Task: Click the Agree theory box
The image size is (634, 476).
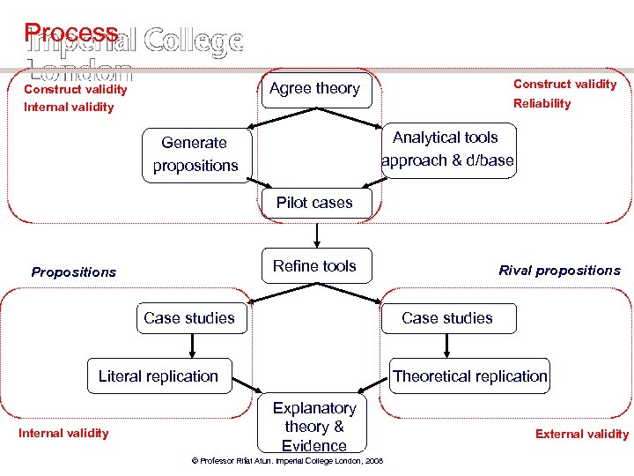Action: tap(315, 88)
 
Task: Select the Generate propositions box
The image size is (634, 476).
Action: tap(195, 154)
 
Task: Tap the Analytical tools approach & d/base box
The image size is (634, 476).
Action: tap(448, 150)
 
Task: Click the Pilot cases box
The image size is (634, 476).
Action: tap(314, 203)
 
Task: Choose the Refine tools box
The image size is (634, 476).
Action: tap(314, 266)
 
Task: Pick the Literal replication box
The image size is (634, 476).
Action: tap(158, 376)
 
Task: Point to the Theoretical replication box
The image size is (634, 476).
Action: tap(470, 376)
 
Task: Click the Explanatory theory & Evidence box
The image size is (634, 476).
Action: tap(314, 427)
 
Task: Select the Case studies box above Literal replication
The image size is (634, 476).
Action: tap(189, 318)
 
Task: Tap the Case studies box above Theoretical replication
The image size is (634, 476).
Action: tap(447, 318)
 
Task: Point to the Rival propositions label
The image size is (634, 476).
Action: tap(559, 271)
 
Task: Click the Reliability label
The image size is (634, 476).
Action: tap(542, 104)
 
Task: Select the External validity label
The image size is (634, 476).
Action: tap(582, 434)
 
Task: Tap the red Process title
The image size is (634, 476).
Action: tap(71, 33)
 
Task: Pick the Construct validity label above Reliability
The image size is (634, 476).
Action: tap(564, 85)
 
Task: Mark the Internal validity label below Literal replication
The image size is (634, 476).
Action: tap(63, 433)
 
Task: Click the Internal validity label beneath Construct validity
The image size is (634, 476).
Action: tap(69, 108)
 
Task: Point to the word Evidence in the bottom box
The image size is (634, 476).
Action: tap(314, 446)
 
